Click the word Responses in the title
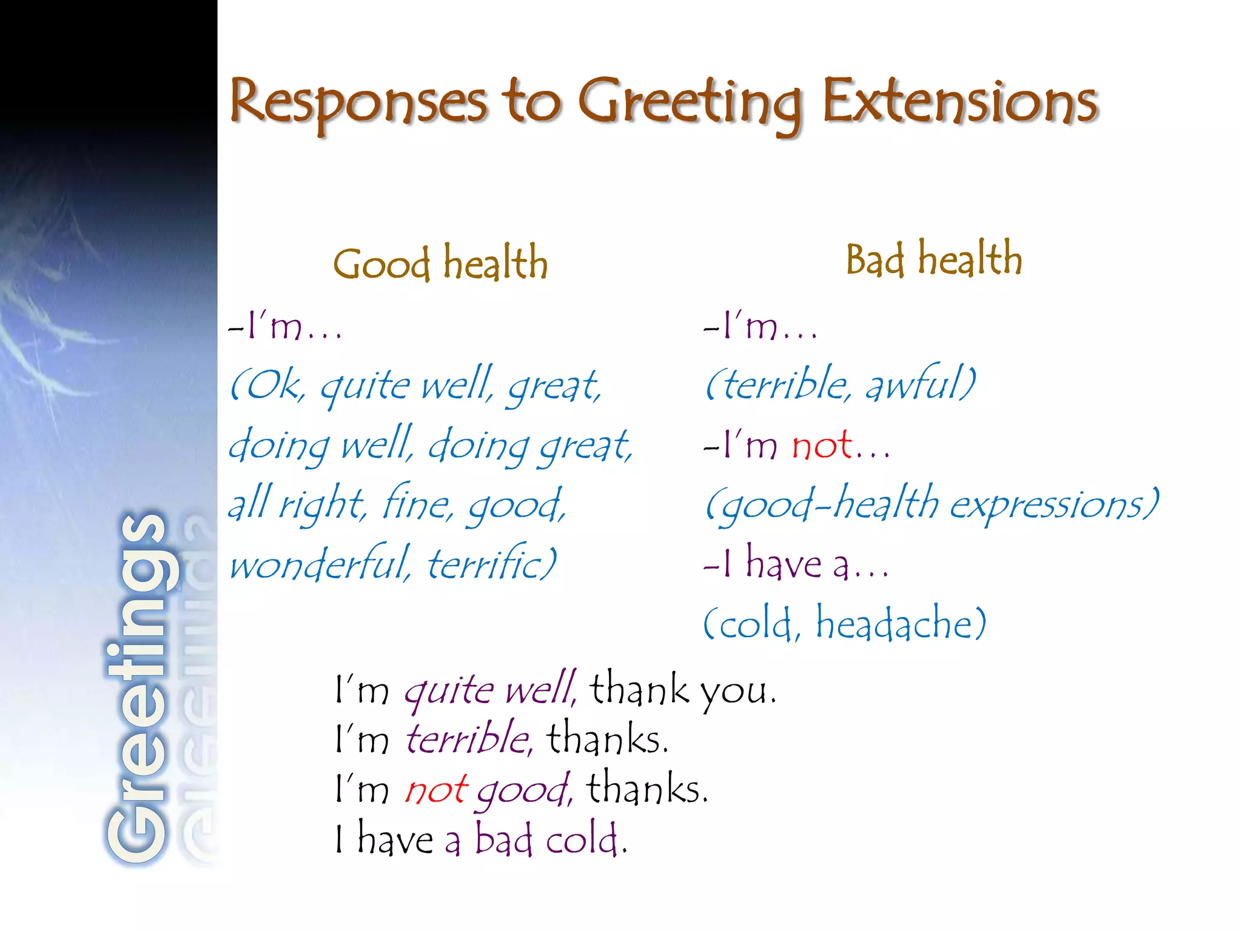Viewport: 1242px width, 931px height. click(x=358, y=102)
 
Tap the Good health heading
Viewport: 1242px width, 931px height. click(x=440, y=264)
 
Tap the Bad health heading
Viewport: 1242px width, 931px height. click(x=934, y=259)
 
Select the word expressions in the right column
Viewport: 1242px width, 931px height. click(x=1052, y=504)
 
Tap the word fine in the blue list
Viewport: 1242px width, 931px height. click(x=417, y=504)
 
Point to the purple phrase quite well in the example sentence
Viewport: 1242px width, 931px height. click(x=490, y=690)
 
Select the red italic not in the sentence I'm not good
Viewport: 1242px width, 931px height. click(x=435, y=790)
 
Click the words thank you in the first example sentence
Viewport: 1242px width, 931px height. click(x=682, y=690)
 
